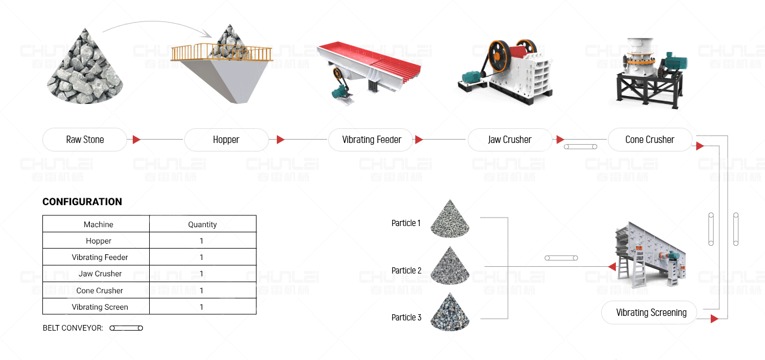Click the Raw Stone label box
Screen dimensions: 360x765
[x=85, y=140]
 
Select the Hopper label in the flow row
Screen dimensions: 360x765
[x=226, y=140]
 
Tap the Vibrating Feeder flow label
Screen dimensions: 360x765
[x=371, y=140]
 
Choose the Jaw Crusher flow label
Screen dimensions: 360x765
[x=510, y=140]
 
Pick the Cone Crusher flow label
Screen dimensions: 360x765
[x=650, y=140]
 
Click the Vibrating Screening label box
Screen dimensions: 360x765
[x=651, y=313]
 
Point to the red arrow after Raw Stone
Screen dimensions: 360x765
[x=136, y=140]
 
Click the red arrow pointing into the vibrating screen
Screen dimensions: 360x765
[x=611, y=267]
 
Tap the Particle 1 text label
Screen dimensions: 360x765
[x=406, y=223]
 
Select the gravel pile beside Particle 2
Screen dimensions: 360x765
[x=450, y=266]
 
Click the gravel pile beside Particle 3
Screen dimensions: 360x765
[x=450, y=313]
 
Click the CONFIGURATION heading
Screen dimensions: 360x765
[x=82, y=202]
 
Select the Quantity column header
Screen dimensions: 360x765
[x=202, y=224]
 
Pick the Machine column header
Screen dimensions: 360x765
[x=98, y=224]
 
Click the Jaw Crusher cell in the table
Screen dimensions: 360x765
[x=100, y=274]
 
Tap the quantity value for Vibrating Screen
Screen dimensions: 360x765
[x=202, y=307]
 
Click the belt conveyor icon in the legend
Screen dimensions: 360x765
[x=126, y=328]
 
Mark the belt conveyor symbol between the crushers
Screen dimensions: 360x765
[x=580, y=147]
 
